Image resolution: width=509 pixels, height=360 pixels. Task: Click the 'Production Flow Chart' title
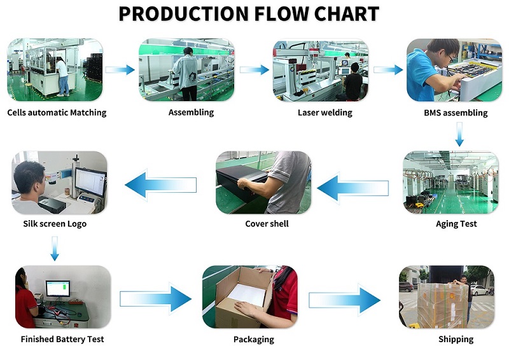[x=249, y=13]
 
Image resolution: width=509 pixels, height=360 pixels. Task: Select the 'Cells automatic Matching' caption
[x=57, y=113]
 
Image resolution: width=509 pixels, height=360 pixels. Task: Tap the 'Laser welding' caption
[x=325, y=113]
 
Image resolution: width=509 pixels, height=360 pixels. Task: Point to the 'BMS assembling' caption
[x=456, y=113]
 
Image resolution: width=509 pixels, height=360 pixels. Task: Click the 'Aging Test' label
[x=456, y=224]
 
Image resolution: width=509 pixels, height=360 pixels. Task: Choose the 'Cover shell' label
[x=267, y=224]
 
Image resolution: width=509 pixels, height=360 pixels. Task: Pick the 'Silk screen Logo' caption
[x=55, y=224]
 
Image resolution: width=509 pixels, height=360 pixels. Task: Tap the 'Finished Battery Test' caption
[x=62, y=339]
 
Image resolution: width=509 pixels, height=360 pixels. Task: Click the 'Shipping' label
[x=456, y=340]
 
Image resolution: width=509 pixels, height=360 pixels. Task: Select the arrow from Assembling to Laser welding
[x=254, y=70]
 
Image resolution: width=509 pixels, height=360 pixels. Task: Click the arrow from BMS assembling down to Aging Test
[x=459, y=134]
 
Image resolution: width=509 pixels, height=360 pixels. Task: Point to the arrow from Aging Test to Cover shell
[x=353, y=188]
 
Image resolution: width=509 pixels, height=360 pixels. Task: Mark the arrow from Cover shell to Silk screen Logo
[x=161, y=185]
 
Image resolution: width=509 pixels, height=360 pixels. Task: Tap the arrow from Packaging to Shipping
[x=344, y=300]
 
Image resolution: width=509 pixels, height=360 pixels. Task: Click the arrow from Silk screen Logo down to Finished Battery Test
[x=55, y=249]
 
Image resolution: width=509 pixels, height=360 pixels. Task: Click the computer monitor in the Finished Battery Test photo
[x=58, y=289]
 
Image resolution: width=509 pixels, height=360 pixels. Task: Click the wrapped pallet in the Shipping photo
[x=443, y=305]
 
